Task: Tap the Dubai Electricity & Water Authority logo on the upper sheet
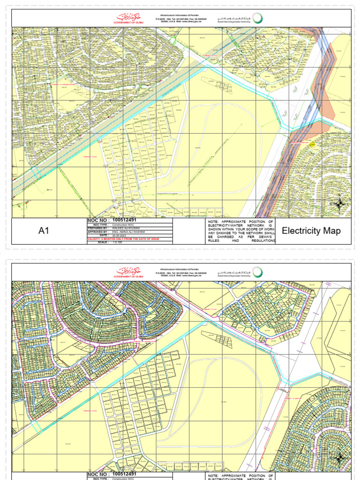coord(240,18)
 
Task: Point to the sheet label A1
coord(44,231)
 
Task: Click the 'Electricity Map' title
coord(311,231)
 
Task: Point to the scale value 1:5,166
coord(117,243)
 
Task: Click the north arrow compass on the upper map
coord(339,204)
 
